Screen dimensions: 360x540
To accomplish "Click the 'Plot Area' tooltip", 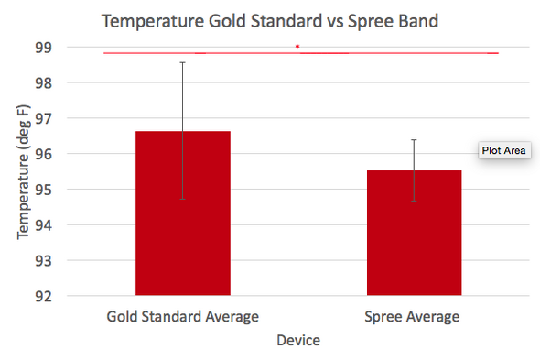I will [x=502, y=150].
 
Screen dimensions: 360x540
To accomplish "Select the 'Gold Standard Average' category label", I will [x=182, y=317].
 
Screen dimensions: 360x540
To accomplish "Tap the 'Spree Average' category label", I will [x=414, y=317].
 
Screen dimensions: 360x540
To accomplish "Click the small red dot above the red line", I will [x=297, y=46].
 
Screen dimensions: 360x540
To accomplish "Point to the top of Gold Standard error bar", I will [x=182, y=62].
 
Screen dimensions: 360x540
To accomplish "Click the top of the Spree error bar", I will [x=414, y=139].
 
